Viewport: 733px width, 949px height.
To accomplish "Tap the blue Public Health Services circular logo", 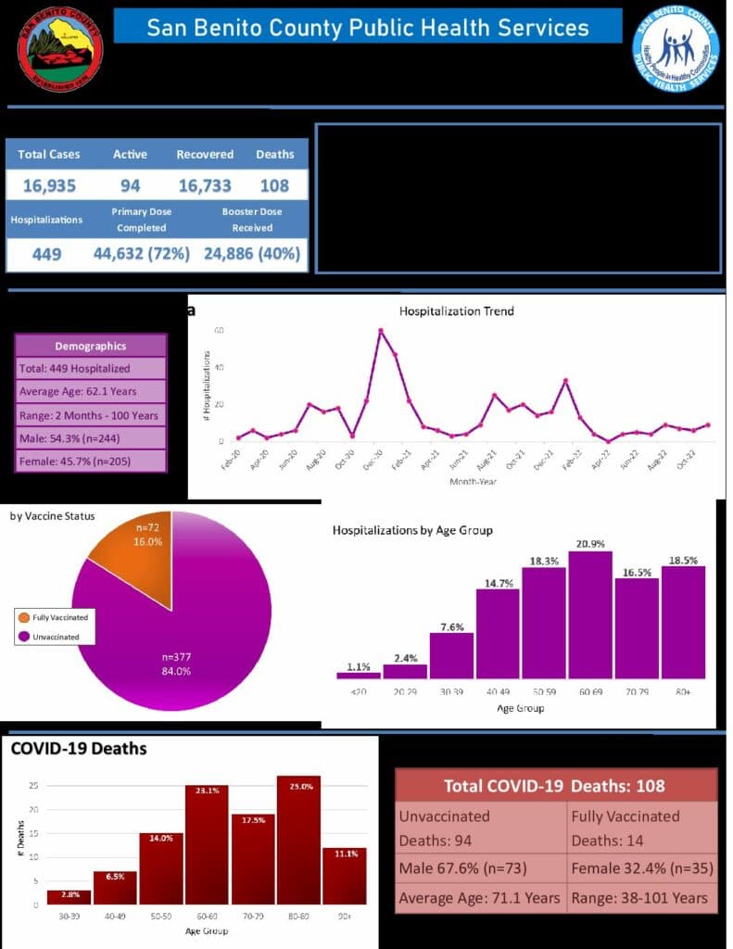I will (676, 49).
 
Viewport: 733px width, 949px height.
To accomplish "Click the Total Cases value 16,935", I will (50, 185).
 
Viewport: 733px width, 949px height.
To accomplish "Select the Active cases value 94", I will (130, 185).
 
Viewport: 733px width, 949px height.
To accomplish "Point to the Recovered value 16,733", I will (205, 185).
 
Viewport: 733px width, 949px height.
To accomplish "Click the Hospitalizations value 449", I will (46, 253).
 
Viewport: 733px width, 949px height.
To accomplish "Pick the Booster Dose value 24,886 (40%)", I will (252, 253).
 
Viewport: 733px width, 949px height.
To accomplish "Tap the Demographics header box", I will (91, 346).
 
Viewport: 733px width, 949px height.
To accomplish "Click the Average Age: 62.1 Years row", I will (91, 391).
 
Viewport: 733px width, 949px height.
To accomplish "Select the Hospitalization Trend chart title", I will (456, 311).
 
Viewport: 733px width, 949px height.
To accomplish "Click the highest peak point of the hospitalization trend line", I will (381, 331).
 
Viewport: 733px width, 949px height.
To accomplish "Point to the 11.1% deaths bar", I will (344, 876).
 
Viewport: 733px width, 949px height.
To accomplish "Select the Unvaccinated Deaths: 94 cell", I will (481, 828).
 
